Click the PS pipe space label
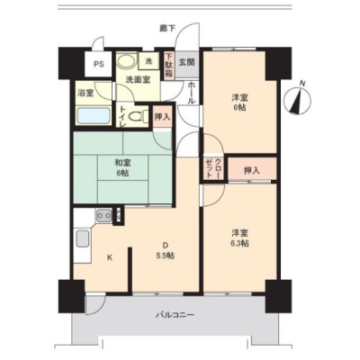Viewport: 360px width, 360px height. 99,64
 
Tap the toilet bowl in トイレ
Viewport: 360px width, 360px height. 138,116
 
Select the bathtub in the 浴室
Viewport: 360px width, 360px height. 93,115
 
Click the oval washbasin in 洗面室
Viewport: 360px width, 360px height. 126,61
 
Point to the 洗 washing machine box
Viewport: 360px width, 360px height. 149,61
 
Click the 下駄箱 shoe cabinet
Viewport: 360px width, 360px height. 169,66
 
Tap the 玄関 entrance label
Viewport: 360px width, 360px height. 186,62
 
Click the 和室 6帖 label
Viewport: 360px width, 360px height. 123,167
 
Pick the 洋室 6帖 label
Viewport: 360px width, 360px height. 239,103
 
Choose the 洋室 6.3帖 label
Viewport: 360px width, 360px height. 239,238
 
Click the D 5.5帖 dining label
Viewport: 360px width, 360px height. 165,250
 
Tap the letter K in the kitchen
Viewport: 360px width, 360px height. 110,257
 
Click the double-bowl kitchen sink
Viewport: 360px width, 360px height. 103,215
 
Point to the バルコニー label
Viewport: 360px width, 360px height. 175,315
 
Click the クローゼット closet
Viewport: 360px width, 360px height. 213,167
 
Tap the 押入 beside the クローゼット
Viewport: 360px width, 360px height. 252,170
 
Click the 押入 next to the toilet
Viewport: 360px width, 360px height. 162,116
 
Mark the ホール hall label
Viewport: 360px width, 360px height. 191,93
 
